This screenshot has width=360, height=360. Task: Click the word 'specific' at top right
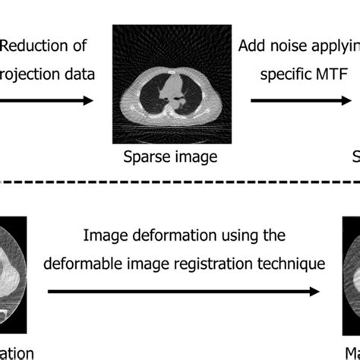[284, 74]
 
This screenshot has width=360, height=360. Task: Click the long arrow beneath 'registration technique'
[182, 291]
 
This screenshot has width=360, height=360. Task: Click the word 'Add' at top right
[252, 46]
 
